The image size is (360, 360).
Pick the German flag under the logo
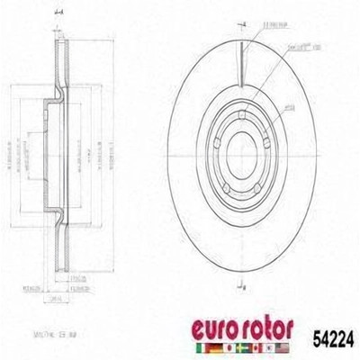(x=231, y=348)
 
